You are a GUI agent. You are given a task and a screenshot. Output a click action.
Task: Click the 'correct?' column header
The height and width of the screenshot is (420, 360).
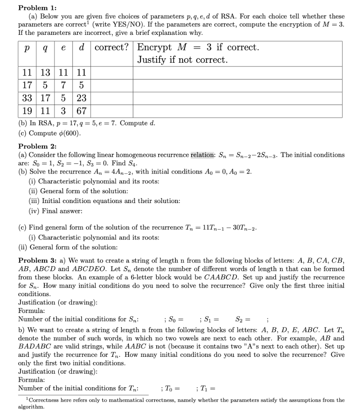click(x=112, y=47)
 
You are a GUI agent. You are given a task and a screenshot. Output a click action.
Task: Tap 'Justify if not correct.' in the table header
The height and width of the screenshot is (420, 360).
click(x=182, y=60)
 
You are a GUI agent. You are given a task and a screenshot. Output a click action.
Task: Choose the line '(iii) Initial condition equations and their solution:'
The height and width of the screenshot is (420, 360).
click(x=105, y=201)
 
